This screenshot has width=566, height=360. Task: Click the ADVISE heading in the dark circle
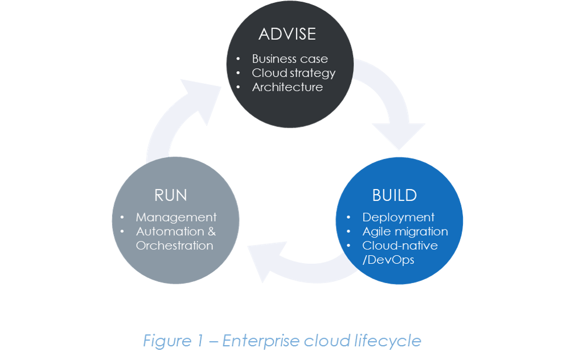pos(287,34)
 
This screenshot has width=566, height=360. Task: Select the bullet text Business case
pos(290,59)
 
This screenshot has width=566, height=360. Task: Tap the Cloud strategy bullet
pos(293,73)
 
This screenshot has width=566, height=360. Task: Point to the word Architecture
pos(287,87)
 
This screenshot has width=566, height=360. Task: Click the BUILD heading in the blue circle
pos(394,195)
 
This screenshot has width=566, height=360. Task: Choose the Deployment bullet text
pos(398,217)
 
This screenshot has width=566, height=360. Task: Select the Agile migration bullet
pos(405,231)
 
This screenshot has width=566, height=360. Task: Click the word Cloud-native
pos(400,246)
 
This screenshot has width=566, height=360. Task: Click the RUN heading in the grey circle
pos(170,195)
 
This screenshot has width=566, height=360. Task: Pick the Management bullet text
pos(176,217)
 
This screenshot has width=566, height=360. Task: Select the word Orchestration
pos(174,246)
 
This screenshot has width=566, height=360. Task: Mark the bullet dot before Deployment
pos(348,218)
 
